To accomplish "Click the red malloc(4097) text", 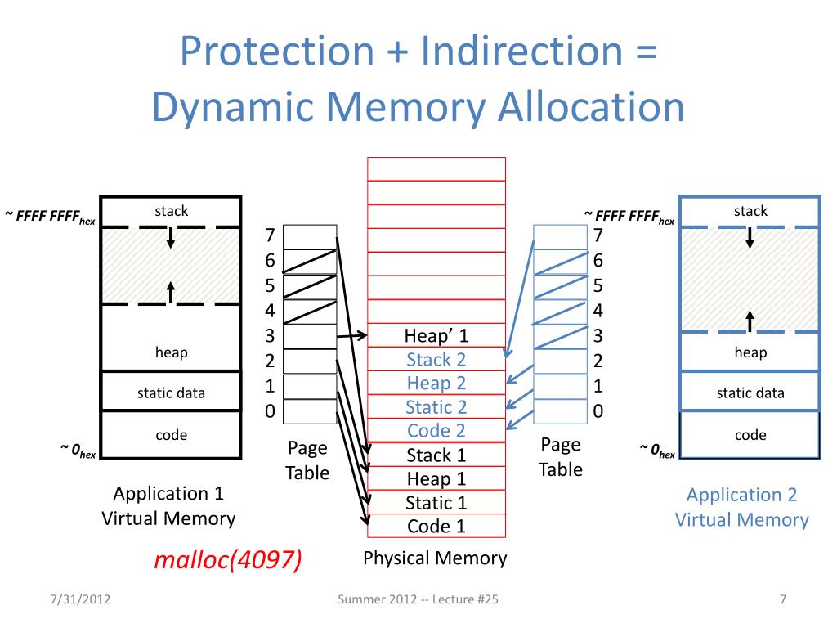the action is [228, 559].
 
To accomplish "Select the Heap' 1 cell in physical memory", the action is [436, 335].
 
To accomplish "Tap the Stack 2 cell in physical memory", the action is [436, 360].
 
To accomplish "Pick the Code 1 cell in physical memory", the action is [436, 526].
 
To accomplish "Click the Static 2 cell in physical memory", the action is [436, 407].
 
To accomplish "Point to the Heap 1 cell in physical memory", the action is [436, 478].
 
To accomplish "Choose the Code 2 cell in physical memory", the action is [436, 430].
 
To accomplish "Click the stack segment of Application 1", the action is [171, 212].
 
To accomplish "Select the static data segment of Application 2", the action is [750, 392].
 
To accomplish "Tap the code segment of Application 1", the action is [171, 435].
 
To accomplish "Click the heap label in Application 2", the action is [750, 352].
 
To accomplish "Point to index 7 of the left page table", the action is [310, 236].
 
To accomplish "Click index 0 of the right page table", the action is [561, 411].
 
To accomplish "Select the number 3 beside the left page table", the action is [270, 335].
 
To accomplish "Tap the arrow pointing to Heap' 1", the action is [351, 335].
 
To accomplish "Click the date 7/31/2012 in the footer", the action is [81, 599].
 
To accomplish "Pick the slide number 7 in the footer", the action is [782, 599].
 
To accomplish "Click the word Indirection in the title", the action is [522, 51].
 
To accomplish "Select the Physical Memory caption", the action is [435, 558].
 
